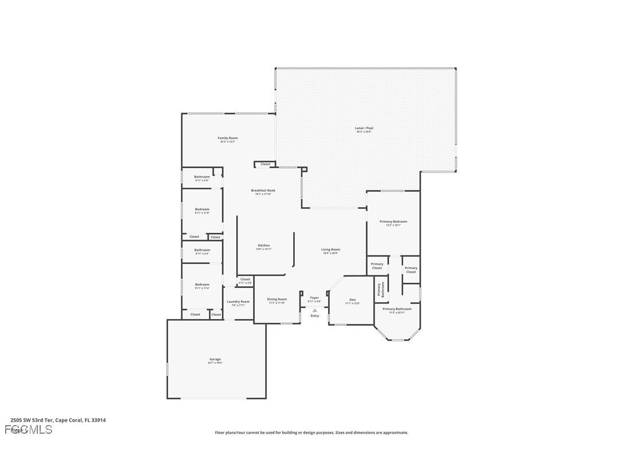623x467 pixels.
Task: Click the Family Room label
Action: [227, 138]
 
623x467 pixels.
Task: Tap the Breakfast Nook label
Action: [263, 190]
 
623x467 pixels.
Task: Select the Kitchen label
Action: [263, 246]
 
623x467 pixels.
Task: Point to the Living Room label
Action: [330, 250]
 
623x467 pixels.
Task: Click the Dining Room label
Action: [277, 299]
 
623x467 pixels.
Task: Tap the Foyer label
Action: [314, 298]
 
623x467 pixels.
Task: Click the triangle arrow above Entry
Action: [314, 310]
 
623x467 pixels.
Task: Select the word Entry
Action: [315, 316]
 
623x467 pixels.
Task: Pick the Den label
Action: [352, 299]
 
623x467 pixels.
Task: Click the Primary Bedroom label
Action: [393, 221]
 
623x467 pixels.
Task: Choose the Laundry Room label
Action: [238, 302]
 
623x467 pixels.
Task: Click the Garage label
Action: [215, 359]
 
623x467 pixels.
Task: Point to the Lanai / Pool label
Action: [364, 128]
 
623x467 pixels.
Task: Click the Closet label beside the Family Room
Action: [265, 164]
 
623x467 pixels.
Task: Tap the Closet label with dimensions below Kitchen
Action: [245, 279]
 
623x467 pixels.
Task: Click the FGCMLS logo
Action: [29, 429]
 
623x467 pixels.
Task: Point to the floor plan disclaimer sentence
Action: [311, 433]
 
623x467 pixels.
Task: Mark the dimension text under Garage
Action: [215, 363]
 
